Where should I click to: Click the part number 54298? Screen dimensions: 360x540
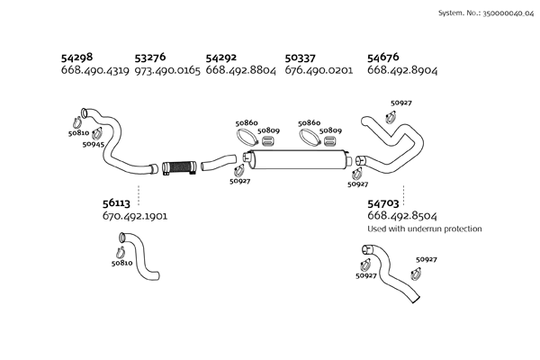click(x=76, y=57)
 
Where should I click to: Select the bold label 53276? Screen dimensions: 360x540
click(x=152, y=57)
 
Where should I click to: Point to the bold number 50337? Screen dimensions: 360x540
click(x=301, y=57)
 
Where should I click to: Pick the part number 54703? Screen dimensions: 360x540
click(x=385, y=204)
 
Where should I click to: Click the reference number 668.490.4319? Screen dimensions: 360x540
click(x=94, y=70)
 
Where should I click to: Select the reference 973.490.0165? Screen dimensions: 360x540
click(x=166, y=70)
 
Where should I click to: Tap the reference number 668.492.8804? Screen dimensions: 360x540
click(x=240, y=70)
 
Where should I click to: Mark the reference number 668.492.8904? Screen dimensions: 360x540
click(x=402, y=70)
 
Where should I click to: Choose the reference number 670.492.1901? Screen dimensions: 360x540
click(x=135, y=217)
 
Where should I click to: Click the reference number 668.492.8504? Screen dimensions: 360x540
click(x=402, y=217)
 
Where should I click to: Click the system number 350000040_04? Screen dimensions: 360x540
click(x=496, y=14)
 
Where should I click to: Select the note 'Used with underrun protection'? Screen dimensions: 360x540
click(x=425, y=229)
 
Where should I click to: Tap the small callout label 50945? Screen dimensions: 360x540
click(x=93, y=144)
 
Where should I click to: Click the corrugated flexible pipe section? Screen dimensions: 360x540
click(x=179, y=166)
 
